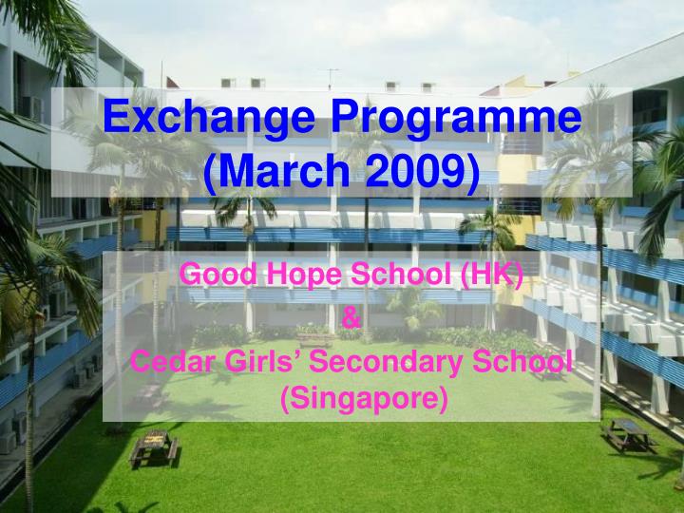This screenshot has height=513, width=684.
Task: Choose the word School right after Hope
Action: click(x=400, y=275)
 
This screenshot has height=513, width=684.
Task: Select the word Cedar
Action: click(x=167, y=361)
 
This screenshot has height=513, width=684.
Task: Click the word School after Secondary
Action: click(x=525, y=361)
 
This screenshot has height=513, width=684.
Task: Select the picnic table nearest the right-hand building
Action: click(x=628, y=434)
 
